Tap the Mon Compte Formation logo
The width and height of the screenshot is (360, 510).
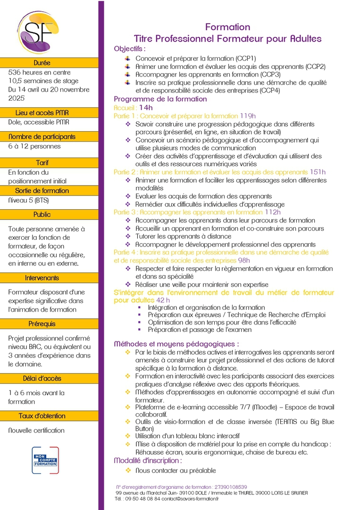click(45, 460)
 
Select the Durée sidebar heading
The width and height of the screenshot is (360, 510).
click(42, 63)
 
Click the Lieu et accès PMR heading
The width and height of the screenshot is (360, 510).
click(42, 112)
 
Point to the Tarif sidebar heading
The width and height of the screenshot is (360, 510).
click(42, 162)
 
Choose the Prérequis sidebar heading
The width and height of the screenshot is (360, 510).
click(42, 324)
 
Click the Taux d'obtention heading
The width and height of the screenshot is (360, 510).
click(42, 416)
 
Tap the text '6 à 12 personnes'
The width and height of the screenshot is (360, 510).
click(34, 146)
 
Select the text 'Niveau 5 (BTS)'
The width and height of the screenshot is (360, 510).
click(32, 200)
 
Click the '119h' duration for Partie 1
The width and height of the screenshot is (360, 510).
click(248, 116)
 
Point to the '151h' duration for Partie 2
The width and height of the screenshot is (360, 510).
click(318, 172)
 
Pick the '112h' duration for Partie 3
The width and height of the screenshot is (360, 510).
click(273, 212)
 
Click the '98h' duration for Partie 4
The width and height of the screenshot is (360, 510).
click(244, 260)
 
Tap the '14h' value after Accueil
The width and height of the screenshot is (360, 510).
click(146, 108)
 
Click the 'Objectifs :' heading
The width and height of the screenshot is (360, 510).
click(130, 49)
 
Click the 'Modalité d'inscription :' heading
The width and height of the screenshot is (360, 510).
click(148, 460)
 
